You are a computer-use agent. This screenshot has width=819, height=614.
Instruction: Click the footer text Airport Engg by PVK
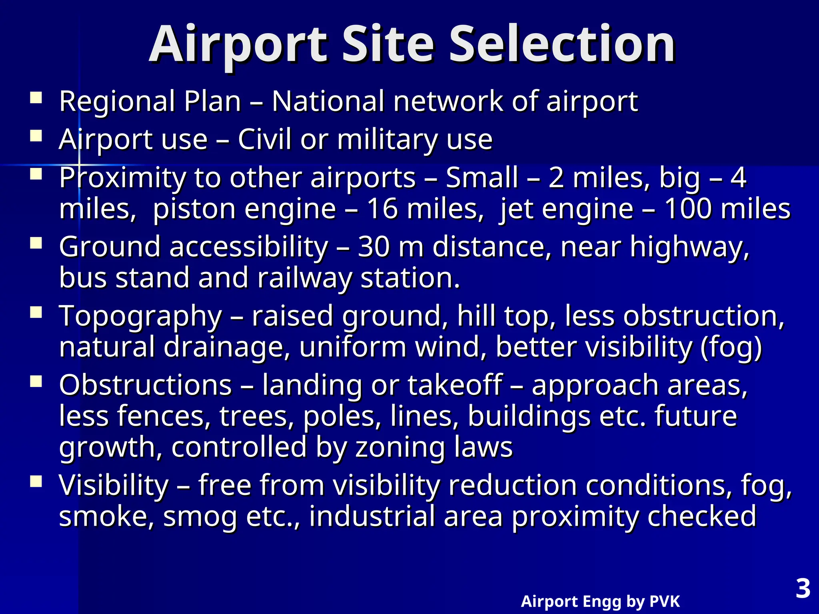[x=600, y=601]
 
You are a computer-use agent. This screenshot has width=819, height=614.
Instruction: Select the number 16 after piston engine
[x=382, y=209]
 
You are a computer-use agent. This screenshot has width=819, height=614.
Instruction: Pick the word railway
[x=304, y=278]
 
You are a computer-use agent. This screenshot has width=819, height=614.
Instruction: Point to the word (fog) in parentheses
[x=731, y=347]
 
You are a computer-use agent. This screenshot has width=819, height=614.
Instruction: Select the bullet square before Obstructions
[x=36, y=381]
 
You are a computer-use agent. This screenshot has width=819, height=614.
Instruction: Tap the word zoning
[x=400, y=447]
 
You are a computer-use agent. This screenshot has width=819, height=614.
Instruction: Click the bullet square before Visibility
[x=36, y=482]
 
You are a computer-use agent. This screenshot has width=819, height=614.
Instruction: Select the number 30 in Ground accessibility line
[x=374, y=247]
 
